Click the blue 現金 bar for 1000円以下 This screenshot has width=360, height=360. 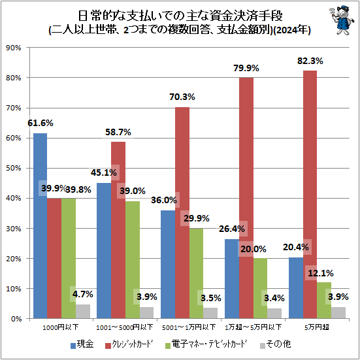coord(41,225)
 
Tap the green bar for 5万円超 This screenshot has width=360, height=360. coord(324,300)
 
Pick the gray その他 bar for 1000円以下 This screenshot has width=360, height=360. coord(82,311)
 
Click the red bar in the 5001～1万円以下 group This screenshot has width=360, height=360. coord(182,212)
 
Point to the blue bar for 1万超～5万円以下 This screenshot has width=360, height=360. coord(231,278)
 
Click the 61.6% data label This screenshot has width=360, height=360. coord(41,123)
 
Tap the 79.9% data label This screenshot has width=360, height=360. coord(246,68)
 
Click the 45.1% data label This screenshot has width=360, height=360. coord(105,173)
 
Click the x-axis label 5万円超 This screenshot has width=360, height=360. coord(317,327)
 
